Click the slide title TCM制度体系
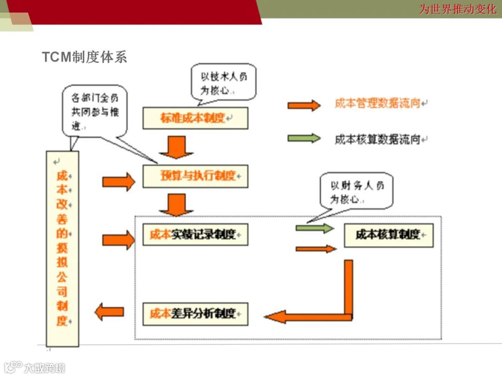[84, 57]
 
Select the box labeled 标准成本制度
[195, 118]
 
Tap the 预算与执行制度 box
[195, 176]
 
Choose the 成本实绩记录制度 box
[195, 234]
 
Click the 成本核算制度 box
[389, 235]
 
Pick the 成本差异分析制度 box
[195, 314]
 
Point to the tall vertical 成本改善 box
[62, 249]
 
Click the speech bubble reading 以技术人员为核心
[224, 82]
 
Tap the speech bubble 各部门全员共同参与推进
[94, 110]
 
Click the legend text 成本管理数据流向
[377, 104]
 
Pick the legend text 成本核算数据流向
[377, 139]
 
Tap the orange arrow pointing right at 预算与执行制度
[118, 181]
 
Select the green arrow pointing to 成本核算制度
[315, 228]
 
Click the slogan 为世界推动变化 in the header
[457, 9]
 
